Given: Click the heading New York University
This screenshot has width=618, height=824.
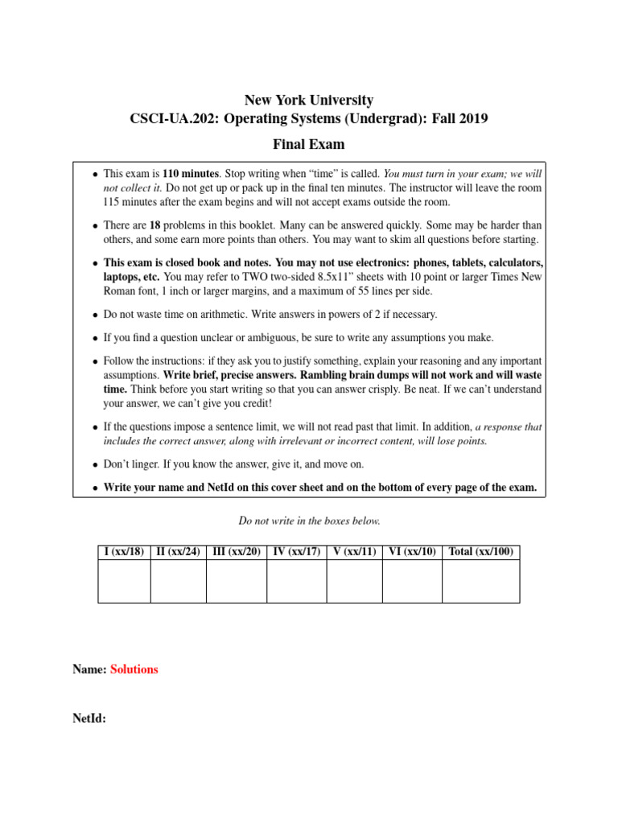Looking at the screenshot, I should [309, 101].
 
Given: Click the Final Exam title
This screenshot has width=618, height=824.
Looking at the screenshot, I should [309, 145].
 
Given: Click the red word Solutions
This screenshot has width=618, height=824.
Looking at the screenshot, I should [134, 669].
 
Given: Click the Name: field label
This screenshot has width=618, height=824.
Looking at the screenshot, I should [89, 669].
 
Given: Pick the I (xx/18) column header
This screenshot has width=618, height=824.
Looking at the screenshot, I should [124, 552].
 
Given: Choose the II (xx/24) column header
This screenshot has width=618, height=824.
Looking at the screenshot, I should [178, 552].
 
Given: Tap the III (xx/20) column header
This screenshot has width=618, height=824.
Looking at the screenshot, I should [237, 552].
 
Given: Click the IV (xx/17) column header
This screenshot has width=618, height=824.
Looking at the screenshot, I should [296, 552].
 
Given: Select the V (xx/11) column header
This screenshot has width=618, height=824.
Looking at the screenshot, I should [354, 552].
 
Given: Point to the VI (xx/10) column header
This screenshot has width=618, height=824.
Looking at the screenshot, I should [412, 552].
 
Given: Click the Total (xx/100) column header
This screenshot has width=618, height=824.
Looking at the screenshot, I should [480, 552].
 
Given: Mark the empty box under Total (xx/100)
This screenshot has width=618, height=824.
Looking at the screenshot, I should [480, 581].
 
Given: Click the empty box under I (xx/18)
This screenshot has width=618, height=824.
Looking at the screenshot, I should [124, 581].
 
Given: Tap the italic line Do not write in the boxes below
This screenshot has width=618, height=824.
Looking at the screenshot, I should [309, 521].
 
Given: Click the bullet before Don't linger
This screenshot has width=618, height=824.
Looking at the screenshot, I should [95, 465].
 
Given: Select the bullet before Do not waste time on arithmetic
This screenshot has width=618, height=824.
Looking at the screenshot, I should [95, 315].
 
